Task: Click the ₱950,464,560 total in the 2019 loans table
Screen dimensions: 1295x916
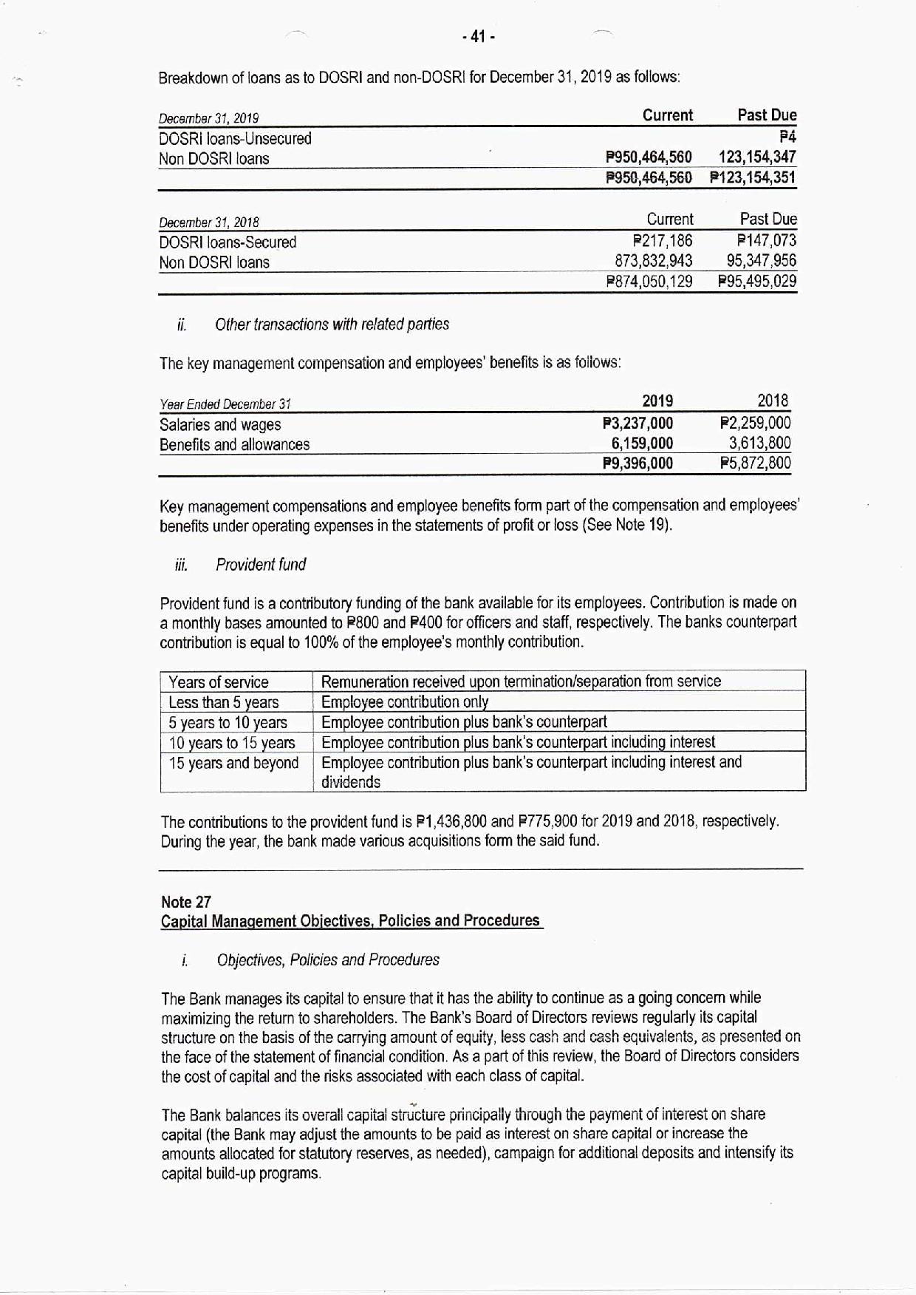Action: click(x=649, y=177)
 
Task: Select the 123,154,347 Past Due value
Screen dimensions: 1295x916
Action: click(x=757, y=157)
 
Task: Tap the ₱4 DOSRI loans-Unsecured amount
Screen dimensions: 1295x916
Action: click(x=787, y=137)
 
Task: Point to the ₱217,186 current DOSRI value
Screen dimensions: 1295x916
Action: click(x=663, y=241)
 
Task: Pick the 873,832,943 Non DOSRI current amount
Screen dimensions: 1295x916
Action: click(x=654, y=261)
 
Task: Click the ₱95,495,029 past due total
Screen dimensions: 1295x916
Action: click(x=756, y=281)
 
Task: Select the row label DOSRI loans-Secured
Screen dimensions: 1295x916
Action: click(x=228, y=242)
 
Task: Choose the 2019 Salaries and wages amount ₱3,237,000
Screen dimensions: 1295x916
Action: click(x=638, y=424)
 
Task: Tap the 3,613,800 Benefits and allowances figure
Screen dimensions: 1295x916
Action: click(x=759, y=443)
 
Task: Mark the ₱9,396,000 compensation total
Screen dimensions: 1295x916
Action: click(x=638, y=463)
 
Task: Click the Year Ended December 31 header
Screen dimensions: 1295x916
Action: click(x=225, y=404)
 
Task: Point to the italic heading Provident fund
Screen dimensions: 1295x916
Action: click(x=261, y=565)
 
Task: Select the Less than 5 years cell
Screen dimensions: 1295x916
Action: click(x=224, y=702)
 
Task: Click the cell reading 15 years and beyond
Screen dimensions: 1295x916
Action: click(x=233, y=763)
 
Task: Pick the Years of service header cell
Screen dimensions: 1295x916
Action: click(x=219, y=682)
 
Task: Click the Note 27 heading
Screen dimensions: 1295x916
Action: click(x=186, y=902)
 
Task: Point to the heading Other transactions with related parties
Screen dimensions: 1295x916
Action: click(x=332, y=324)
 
